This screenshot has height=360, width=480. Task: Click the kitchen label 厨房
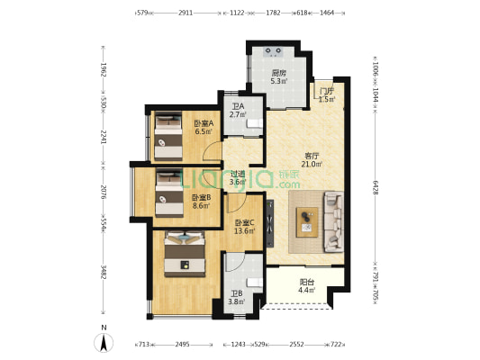[279, 74]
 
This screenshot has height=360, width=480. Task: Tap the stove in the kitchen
[274, 51]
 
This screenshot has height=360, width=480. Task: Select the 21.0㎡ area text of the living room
[312, 164]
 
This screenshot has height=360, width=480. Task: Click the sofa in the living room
[333, 221]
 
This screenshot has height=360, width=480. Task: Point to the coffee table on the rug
[307, 222]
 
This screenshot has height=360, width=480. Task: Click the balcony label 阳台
[306, 282]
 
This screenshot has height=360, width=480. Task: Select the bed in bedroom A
[168, 136]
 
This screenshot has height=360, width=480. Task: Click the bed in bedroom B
[169, 193]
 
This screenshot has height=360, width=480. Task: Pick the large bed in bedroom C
[185, 254]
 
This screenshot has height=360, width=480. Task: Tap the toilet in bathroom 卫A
[255, 123]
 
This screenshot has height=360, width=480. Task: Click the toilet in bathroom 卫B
[255, 283]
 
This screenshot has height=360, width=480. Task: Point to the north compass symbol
[104, 343]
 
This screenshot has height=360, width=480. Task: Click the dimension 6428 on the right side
[376, 187]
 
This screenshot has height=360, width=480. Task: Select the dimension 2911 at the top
[186, 13]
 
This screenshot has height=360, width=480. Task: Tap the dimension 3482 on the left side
[104, 272]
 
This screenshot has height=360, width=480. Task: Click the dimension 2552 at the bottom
[296, 345]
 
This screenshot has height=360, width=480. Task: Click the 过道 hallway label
[238, 174]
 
